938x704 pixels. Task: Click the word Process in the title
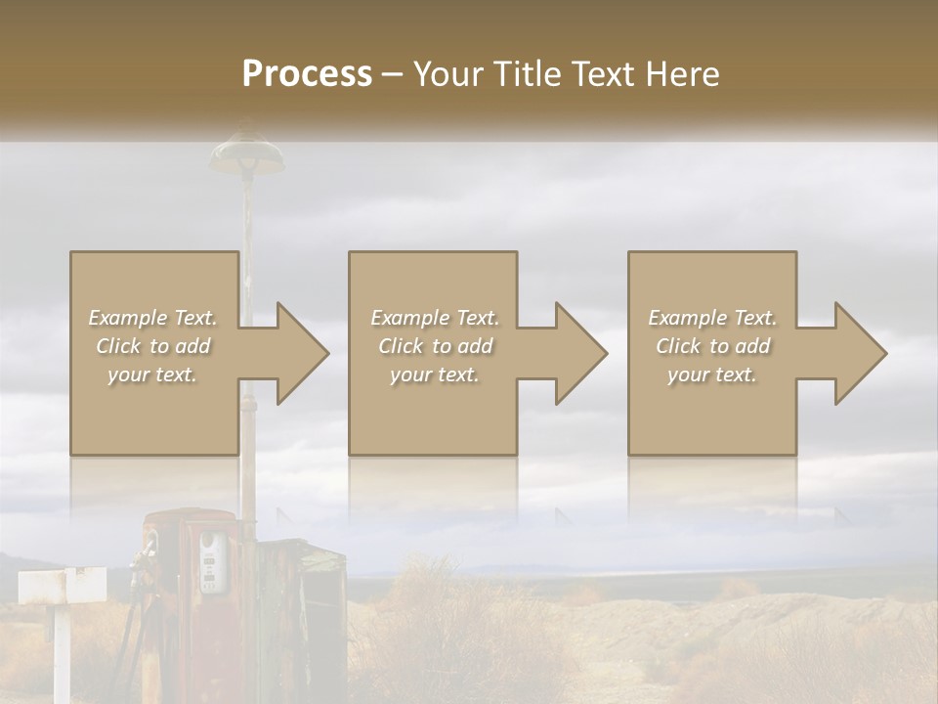pyautogui.click(x=307, y=74)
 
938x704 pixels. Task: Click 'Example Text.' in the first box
pyautogui.click(x=152, y=318)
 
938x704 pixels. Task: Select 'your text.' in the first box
pyautogui.click(x=152, y=374)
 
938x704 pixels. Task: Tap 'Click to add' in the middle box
pyautogui.click(x=435, y=346)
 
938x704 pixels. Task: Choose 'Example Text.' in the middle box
pyautogui.click(x=435, y=318)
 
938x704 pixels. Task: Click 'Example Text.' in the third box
pyautogui.click(x=712, y=318)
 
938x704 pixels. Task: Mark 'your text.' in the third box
pyautogui.click(x=712, y=374)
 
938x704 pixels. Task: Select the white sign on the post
pyautogui.click(x=62, y=585)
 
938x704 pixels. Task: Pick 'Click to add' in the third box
pyautogui.click(x=712, y=346)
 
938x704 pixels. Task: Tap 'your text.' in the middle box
pyautogui.click(x=435, y=374)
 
